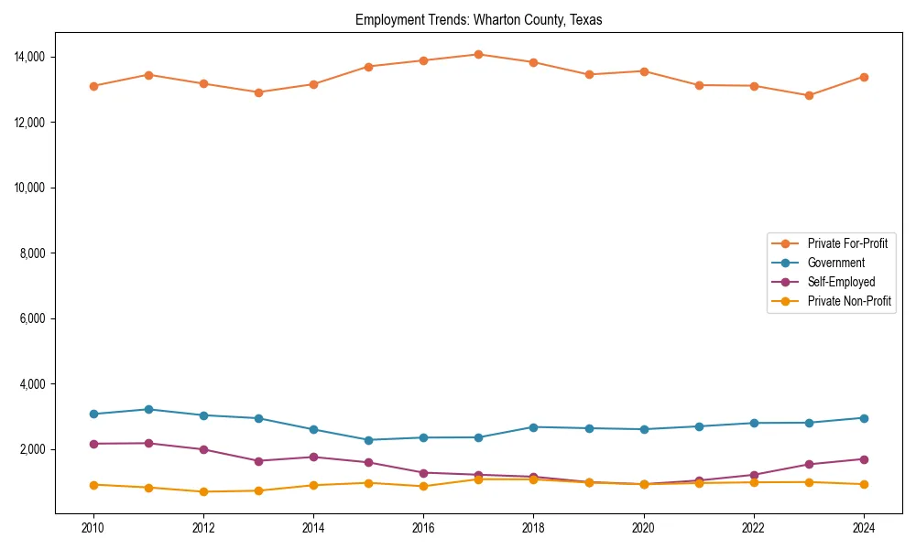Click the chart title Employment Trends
click(x=478, y=20)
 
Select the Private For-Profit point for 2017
click(x=478, y=54)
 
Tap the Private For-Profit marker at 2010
click(x=93, y=86)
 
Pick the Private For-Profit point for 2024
click(x=864, y=77)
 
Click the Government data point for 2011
click(x=148, y=409)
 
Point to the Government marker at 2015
click(x=368, y=440)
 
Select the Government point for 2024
click(x=864, y=418)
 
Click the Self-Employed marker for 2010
click(x=93, y=444)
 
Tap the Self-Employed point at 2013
click(x=258, y=461)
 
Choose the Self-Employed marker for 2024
click(x=864, y=459)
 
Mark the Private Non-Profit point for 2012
click(x=203, y=492)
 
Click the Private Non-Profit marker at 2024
click(x=864, y=484)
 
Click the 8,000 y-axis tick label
click(x=37, y=253)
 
